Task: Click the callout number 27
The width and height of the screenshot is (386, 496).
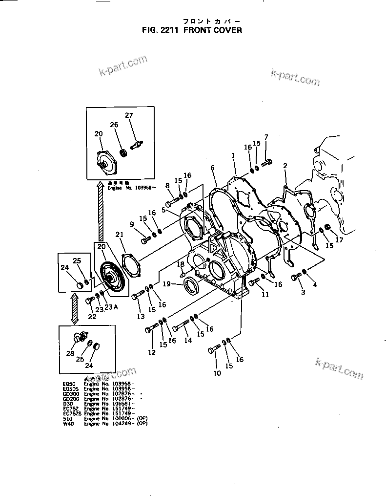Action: pos(129,115)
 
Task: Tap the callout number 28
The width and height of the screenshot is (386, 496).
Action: pos(71,353)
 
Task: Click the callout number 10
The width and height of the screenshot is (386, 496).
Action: pos(217,373)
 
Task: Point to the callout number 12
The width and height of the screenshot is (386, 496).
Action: pos(152,352)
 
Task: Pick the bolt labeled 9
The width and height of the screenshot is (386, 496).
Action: pos(146,240)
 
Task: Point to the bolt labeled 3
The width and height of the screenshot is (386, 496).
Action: pos(295,278)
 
